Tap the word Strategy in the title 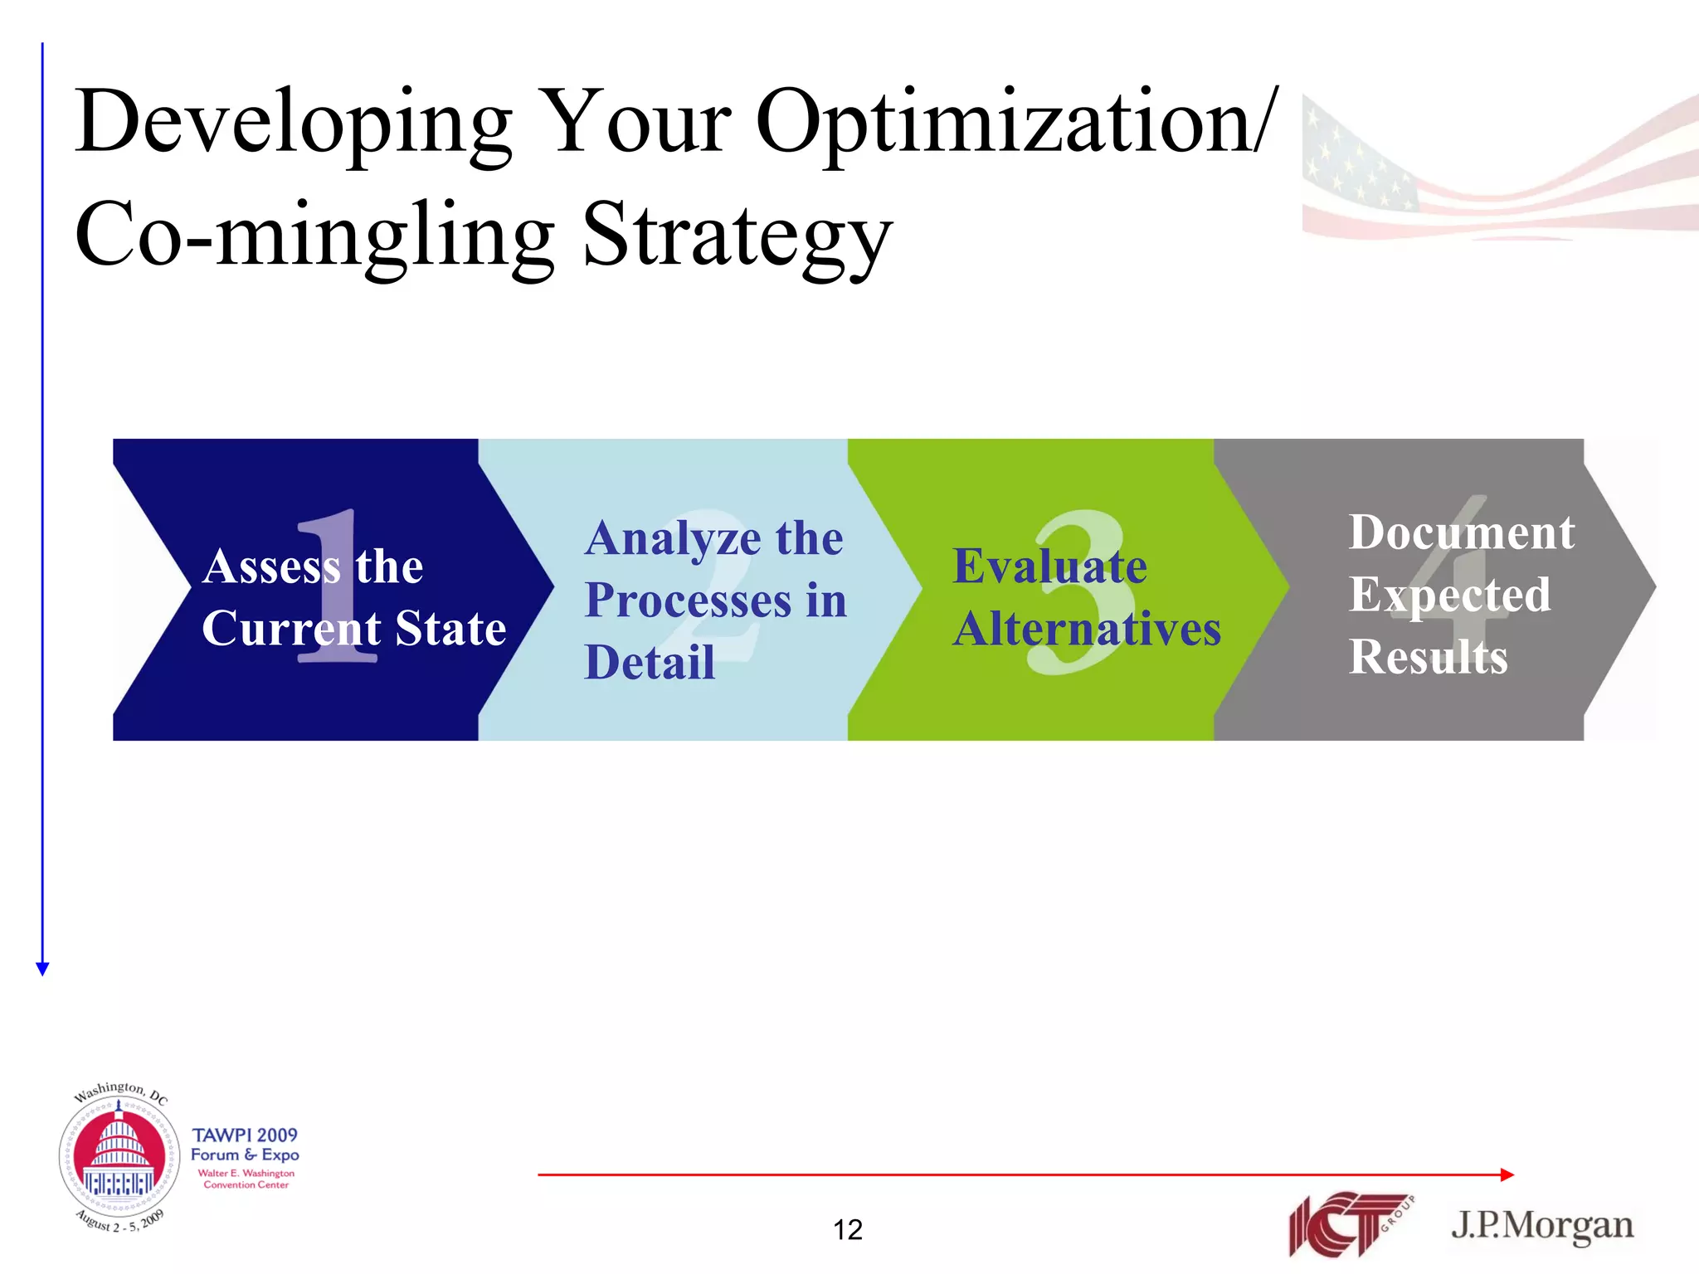click(737, 236)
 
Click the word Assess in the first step click(271, 567)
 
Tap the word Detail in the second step click(650, 662)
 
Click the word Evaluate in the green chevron click(1049, 567)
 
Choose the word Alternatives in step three click(1087, 629)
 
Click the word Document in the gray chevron click(1461, 532)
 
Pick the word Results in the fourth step click(1428, 657)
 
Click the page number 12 click(848, 1229)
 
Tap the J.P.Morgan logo click(1541, 1226)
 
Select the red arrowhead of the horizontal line click(1507, 1174)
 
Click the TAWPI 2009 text click(245, 1135)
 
